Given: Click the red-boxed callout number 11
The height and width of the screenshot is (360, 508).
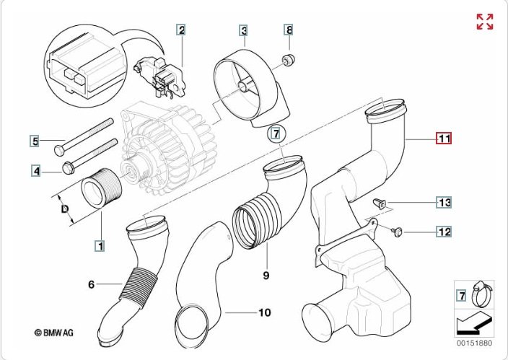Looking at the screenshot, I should [x=442, y=138].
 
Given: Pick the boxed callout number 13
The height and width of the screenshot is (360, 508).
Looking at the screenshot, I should [x=444, y=202].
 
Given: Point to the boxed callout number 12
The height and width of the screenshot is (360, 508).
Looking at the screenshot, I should [x=444, y=232].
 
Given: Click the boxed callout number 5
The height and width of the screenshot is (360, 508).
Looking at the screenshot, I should [x=33, y=141].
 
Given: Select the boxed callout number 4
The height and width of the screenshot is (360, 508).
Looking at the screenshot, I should [x=33, y=171].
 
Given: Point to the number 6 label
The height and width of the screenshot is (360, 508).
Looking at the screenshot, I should [x=92, y=285].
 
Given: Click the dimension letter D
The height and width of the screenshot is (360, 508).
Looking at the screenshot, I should [x=64, y=210].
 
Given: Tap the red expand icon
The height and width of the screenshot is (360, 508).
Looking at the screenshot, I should [x=485, y=22].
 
